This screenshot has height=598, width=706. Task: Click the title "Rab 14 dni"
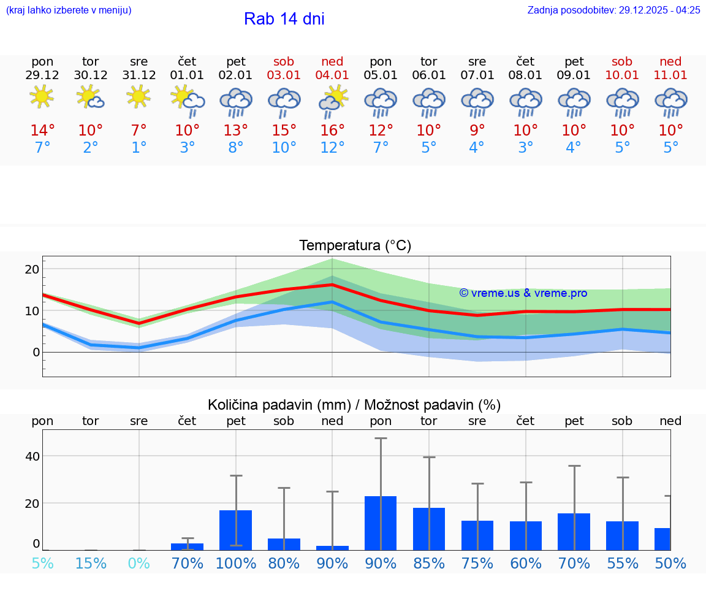tap(284, 19)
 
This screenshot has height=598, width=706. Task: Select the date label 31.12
tap(139, 75)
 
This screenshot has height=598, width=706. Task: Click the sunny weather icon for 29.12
tap(42, 97)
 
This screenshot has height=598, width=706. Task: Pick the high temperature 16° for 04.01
tap(332, 131)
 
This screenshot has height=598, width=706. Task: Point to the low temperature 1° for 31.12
tap(139, 148)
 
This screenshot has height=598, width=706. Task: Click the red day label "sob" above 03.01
tap(284, 61)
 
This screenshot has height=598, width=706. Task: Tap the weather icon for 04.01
tap(333, 101)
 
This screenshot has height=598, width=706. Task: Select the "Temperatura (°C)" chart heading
tap(355, 245)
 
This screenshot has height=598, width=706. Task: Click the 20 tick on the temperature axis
tap(32, 269)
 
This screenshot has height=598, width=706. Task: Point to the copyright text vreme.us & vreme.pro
tap(523, 293)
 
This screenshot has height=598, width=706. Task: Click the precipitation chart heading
tap(354, 405)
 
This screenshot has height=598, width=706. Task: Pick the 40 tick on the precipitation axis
tap(32, 456)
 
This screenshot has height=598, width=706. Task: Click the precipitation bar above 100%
tap(236, 530)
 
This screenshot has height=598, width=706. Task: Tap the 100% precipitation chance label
tap(236, 564)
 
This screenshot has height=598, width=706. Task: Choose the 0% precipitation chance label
tap(139, 564)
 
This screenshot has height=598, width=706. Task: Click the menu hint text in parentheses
tap(69, 10)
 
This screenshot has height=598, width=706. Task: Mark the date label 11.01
tap(670, 75)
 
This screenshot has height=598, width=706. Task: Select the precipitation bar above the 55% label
tap(622, 535)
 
